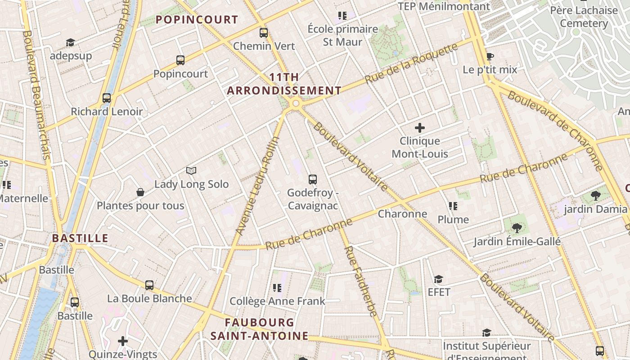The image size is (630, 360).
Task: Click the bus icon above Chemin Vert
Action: point(264,33)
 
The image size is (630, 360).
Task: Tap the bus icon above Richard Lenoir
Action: point(107,98)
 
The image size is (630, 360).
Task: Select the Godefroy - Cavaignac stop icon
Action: point(313,180)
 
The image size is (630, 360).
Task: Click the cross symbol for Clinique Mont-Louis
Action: point(420,128)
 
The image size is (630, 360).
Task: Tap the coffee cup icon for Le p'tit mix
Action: point(490,56)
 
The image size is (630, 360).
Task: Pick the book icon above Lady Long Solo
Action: point(191,171)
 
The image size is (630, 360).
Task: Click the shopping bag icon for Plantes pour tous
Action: point(140,192)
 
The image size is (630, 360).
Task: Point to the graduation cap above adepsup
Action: point(70,42)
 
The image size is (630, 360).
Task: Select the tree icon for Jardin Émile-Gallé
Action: point(517,228)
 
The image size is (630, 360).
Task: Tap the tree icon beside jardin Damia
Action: point(596,196)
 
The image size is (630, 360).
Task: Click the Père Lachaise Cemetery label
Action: point(584,17)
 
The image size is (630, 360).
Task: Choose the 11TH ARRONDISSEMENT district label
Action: point(284,84)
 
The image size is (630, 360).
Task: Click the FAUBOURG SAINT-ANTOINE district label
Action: point(260,329)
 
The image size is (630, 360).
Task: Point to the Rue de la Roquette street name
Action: point(411,63)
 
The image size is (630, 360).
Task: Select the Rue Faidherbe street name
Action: point(360,281)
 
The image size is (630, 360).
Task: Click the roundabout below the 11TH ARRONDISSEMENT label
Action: point(296,104)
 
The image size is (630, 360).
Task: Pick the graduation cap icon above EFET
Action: point(438,279)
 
